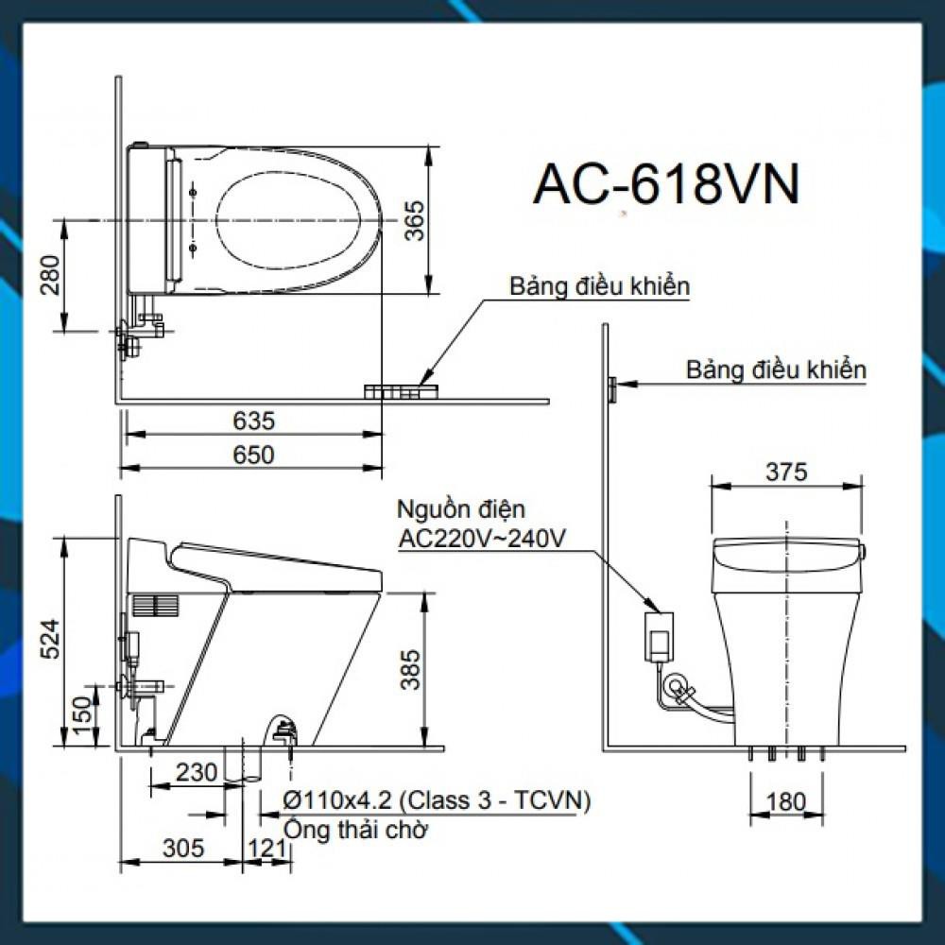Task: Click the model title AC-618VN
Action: point(666,184)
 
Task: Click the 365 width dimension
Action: point(414,220)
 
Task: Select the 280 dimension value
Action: point(50,275)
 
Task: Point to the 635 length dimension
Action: point(253,421)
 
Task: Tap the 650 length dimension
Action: point(253,455)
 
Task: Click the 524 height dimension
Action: point(50,639)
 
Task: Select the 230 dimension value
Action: point(197,772)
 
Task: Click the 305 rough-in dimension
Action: point(183,848)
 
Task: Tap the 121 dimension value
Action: point(266,848)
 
